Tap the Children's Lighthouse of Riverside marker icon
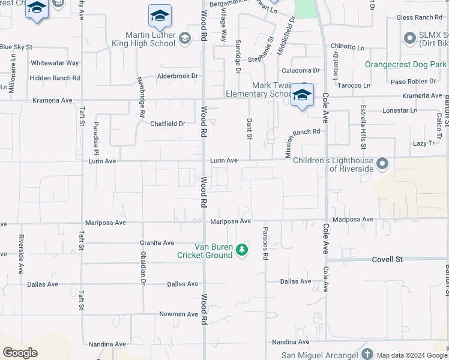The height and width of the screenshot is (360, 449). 382,163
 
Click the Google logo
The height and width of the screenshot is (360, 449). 20,353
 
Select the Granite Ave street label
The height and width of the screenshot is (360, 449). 157,243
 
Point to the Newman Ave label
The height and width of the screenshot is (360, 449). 178,314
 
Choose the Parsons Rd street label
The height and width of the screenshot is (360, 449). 265,243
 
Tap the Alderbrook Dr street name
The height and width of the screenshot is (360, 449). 177,76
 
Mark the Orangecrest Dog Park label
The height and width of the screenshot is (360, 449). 406,64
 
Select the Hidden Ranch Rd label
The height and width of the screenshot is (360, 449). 55,78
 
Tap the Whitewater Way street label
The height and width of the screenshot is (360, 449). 55,62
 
